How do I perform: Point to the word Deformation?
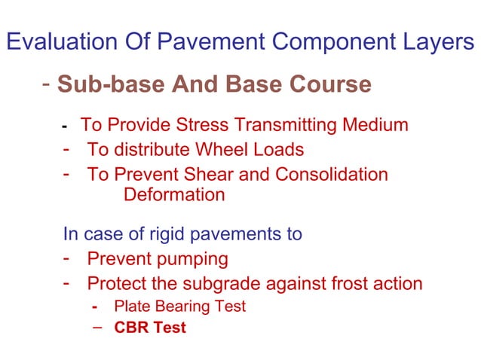point(173,195)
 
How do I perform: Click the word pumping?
point(192,260)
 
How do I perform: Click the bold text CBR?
point(129,328)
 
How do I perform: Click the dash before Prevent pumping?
point(67,259)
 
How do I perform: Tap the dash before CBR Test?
point(97,328)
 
